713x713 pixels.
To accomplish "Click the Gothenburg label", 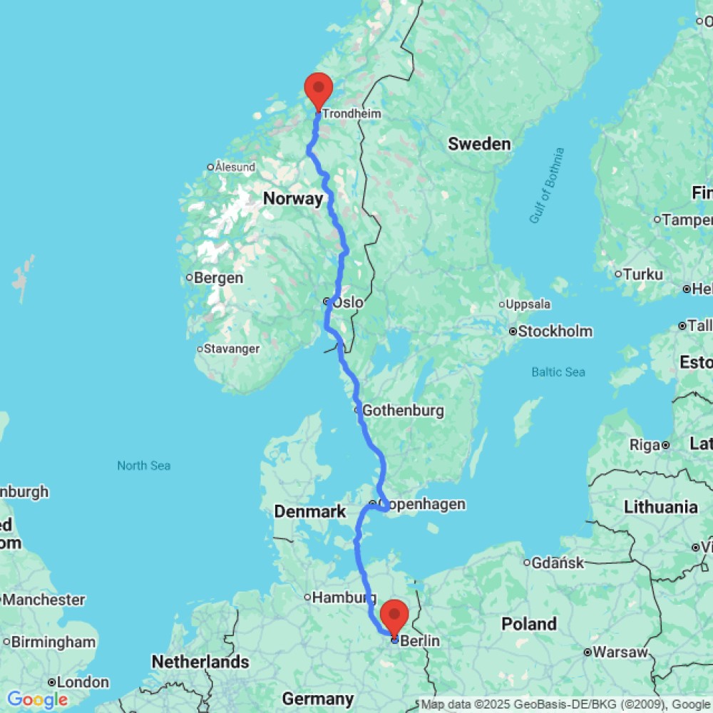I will [403, 411].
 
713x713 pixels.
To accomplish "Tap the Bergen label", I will [219, 278].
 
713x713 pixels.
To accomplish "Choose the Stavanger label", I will [232, 349].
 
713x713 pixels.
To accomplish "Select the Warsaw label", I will [620, 652].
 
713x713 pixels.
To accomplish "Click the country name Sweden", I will [479, 144].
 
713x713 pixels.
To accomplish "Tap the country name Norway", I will [293, 199].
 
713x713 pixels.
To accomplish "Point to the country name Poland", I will [528, 624].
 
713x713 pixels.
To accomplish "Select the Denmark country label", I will [310, 511].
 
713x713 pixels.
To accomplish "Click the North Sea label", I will [144, 466].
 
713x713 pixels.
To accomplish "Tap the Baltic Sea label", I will [558, 372].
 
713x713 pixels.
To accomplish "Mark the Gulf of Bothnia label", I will [547, 185].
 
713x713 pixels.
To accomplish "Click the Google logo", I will [37, 699].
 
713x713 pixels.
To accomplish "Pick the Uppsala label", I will [528, 304].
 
